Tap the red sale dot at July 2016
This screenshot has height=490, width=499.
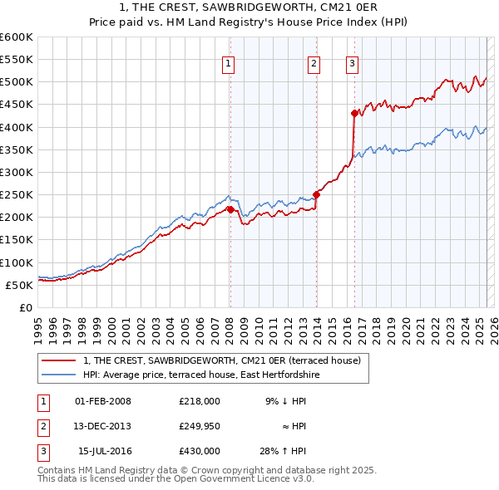coord(354,113)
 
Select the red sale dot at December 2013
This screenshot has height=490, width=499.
coord(316,194)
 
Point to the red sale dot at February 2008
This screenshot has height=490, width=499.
coord(230,208)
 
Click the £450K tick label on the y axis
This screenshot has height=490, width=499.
coord(17,105)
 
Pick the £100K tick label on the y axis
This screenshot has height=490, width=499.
coord(17,262)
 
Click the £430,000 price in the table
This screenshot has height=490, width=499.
coord(200,451)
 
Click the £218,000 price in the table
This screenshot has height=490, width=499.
coord(200,401)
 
